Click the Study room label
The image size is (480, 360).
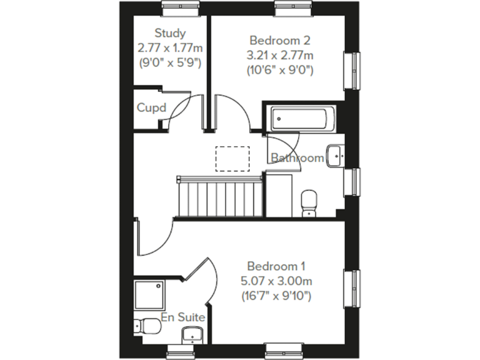[x=171, y=33]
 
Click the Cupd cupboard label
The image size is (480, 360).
[x=151, y=108]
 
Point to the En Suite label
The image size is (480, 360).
[x=182, y=317]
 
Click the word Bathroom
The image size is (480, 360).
[x=297, y=158]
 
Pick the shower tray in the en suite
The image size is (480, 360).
[x=150, y=296]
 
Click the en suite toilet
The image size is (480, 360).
[x=147, y=326]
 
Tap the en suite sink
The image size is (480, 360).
[x=190, y=337]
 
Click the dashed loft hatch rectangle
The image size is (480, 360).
[x=232, y=157]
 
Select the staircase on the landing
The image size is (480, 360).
[x=219, y=196]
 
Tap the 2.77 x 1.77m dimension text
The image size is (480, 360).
[x=171, y=47]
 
